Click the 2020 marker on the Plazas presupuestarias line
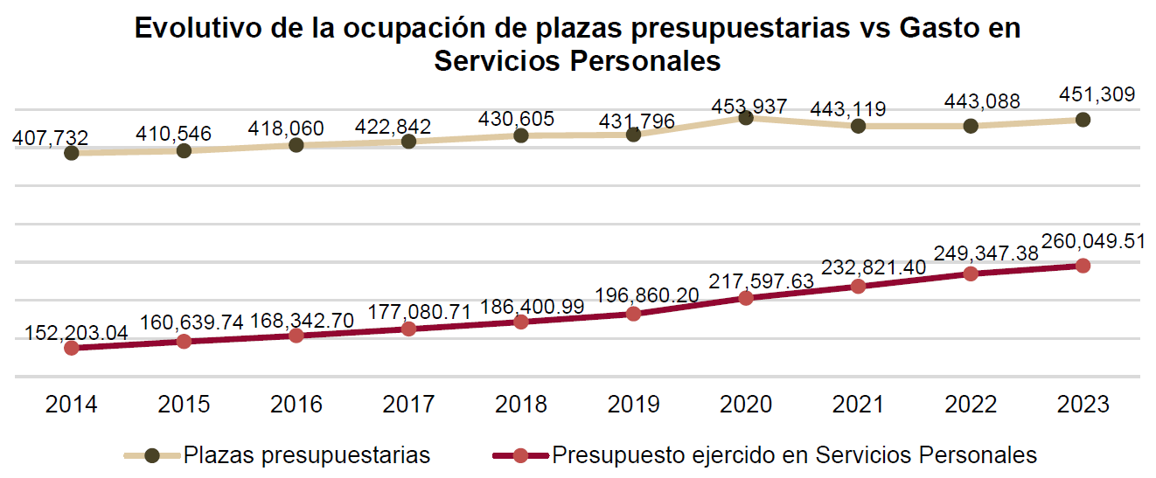pyautogui.click(x=746, y=117)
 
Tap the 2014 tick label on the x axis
pyautogui.click(x=72, y=405)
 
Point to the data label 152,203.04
pyautogui.click(x=76, y=333)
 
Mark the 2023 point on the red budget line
pyautogui.click(x=1083, y=265)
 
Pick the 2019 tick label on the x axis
pyautogui.click(x=634, y=405)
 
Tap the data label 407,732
pyautogui.click(x=51, y=137)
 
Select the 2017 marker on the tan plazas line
pyautogui.click(x=408, y=141)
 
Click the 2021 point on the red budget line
pyautogui.click(x=858, y=286)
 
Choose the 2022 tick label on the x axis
pyautogui.click(x=971, y=405)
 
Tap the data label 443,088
pyautogui.click(x=982, y=102)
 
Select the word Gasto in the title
pyautogui.click(x=941, y=29)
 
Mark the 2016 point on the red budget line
pyautogui.click(x=296, y=335)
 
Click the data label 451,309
pyautogui.click(x=1097, y=94)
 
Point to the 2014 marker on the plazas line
pyautogui.click(x=72, y=153)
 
